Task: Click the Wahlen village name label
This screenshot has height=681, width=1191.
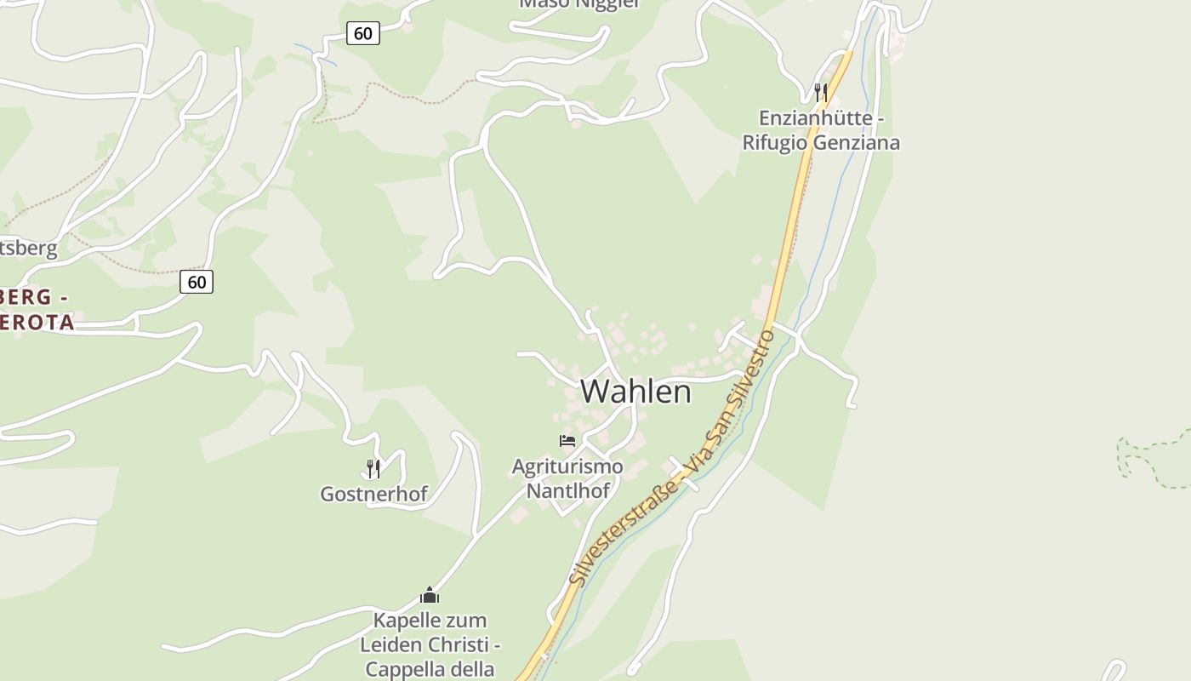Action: click(x=635, y=392)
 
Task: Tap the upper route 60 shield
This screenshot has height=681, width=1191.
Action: click(x=363, y=33)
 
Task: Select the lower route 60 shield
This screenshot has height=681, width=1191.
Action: click(x=197, y=282)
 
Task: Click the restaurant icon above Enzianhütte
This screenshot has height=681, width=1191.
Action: click(x=821, y=92)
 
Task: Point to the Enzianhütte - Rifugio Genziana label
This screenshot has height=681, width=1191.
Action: click(x=821, y=129)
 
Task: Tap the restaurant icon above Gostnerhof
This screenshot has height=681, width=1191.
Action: click(x=373, y=468)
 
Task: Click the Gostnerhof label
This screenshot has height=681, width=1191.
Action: click(x=373, y=494)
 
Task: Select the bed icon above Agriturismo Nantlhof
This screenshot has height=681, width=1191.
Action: click(x=567, y=441)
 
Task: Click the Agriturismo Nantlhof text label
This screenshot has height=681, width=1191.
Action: click(x=567, y=478)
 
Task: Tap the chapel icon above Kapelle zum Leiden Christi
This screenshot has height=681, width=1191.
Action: click(x=430, y=595)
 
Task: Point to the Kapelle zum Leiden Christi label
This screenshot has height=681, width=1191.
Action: click(x=430, y=644)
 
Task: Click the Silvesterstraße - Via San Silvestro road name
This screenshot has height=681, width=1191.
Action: click(x=672, y=460)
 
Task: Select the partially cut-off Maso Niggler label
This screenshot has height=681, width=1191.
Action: click(x=579, y=4)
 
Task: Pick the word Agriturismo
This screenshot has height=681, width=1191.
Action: click(x=567, y=466)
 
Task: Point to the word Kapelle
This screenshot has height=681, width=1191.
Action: click(x=406, y=620)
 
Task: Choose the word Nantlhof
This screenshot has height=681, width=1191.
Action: click(x=567, y=491)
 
